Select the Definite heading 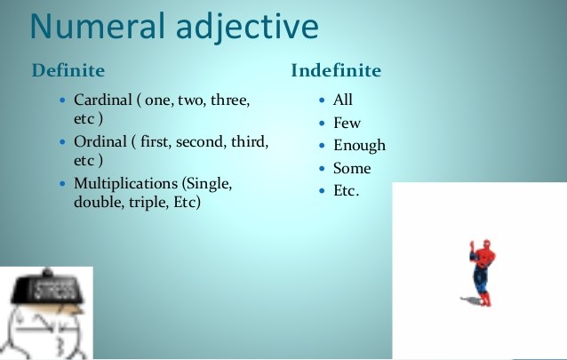[x=68, y=70]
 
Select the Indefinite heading [x=336, y=70]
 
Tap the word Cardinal [x=102, y=100]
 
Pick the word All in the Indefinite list [x=343, y=100]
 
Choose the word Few [x=347, y=123]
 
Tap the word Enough [x=359, y=146]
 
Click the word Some [x=352, y=168]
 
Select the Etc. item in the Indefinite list [x=346, y=190]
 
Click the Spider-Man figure [x=481, y=272]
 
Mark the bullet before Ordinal [x=60, y=142]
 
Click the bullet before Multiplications [x=60, y=183]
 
